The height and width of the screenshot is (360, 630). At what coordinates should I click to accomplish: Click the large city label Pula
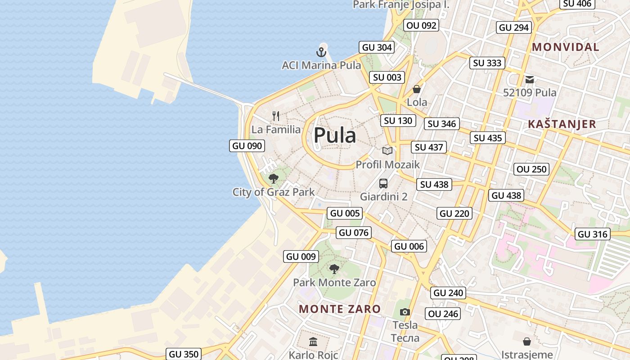point(335,135)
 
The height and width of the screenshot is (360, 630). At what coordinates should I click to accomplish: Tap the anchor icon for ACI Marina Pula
point(321,52)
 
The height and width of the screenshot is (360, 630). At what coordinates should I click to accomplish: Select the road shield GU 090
point(247,146)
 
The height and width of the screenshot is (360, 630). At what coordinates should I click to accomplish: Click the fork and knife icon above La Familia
point(276,116)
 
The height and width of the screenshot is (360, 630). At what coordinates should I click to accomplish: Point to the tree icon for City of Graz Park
point(273,179)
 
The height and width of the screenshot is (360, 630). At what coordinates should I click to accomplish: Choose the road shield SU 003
point(387,77)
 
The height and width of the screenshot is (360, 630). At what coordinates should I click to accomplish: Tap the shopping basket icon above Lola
point(417,89)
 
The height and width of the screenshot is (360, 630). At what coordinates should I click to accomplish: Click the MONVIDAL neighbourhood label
point(565,47)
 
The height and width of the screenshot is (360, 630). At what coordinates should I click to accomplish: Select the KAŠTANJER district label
point(562,124)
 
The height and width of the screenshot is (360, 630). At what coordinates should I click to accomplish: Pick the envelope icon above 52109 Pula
point(530,80)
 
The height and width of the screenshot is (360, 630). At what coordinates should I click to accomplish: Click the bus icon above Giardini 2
point(383,184)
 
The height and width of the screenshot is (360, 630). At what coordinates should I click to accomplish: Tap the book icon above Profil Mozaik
point(387,151)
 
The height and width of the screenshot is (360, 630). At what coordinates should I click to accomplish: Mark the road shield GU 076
point(354,233)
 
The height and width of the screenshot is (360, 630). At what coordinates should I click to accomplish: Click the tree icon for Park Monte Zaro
point(334,269)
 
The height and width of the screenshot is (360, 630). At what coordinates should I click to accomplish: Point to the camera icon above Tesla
point(405,312)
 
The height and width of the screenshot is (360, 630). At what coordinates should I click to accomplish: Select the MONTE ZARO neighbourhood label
point(340,309)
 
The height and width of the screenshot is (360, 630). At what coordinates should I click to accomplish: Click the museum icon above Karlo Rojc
point(313,342)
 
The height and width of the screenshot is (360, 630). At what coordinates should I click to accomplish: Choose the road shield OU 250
point(531,169)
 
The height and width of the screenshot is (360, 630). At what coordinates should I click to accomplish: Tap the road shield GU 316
point(593,234)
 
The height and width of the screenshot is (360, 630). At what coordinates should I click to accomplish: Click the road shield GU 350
point(184,354)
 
